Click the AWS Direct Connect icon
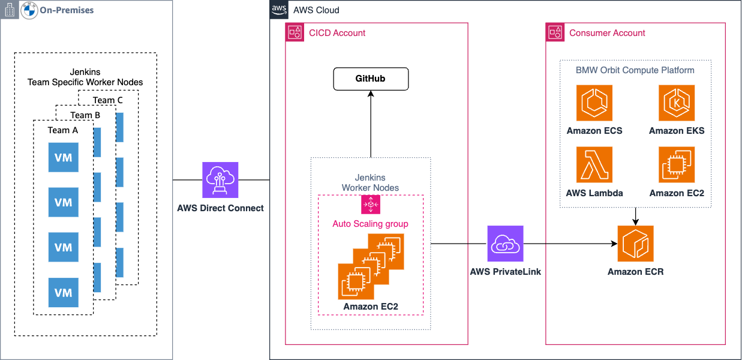(x=220, y=179)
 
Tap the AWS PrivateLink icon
(x=505, y=244)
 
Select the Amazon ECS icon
(x=594, y=103)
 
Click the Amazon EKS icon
(x=677, y=103)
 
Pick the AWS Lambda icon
(x=594, y=164)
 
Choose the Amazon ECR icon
(x=635, y=244)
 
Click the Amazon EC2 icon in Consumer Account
(x=677, y=164)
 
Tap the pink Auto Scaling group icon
(x=370, y=205)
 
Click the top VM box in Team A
(x=64, y=157)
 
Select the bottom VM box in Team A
(x=64, y=293)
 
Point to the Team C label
(x=108, y=100)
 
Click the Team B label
(x=85, y=115)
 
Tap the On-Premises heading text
(x=67, y=10)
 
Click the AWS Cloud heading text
(x=316, y=10)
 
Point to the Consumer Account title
(x=607, y=33)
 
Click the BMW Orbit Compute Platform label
(x=635, y=70)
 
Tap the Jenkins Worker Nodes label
(x=370, y=182)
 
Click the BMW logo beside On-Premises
(x=29, y=10)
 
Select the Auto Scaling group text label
(x=370, y=224)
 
